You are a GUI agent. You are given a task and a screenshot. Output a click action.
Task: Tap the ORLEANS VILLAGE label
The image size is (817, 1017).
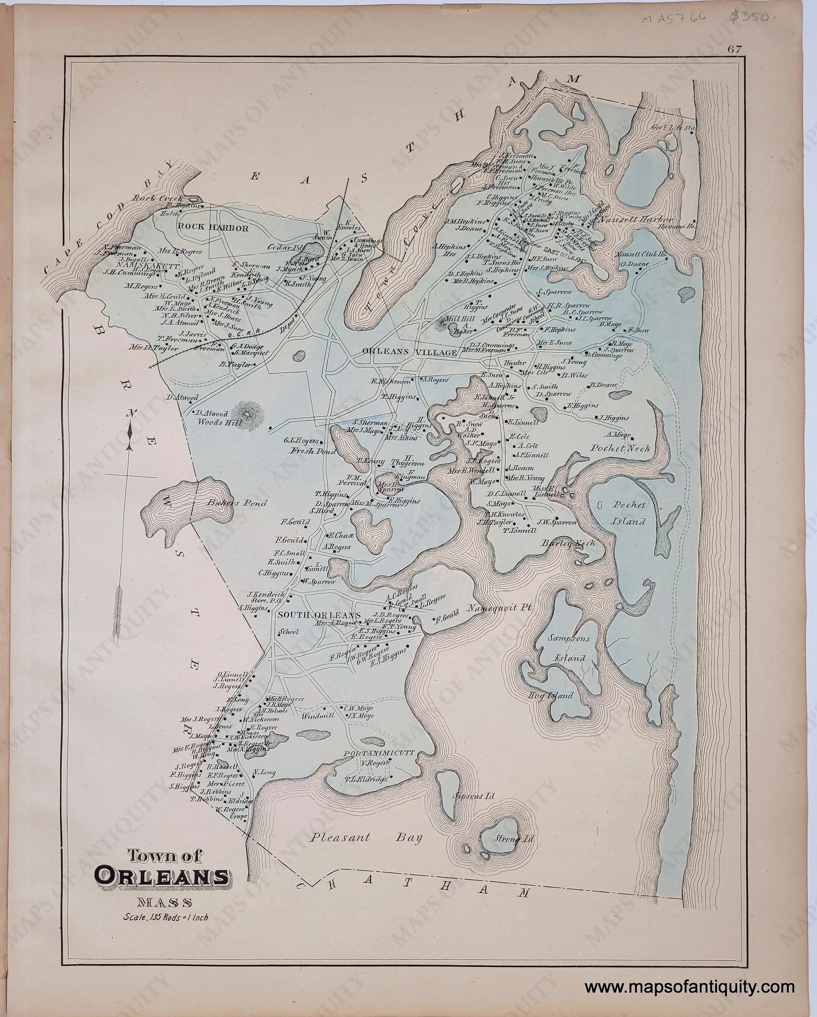[x=409, y=352]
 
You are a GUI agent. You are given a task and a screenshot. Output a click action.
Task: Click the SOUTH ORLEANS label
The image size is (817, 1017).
[x=319, y=615]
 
